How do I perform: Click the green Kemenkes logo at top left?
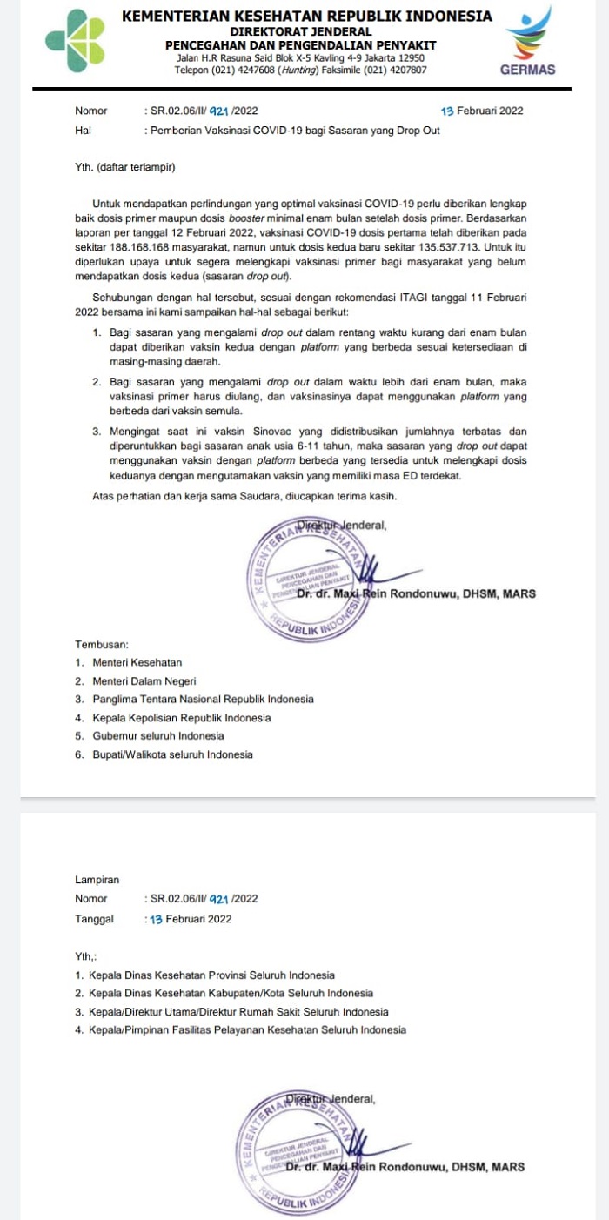75,41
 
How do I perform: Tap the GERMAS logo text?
528,70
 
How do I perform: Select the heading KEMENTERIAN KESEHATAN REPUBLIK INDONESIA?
306,17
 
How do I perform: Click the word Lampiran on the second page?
97,881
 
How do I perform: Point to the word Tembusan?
102,644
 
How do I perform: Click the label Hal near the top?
84,131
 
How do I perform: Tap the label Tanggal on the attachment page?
94,919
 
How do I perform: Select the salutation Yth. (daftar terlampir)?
125,165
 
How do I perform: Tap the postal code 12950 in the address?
407,57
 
